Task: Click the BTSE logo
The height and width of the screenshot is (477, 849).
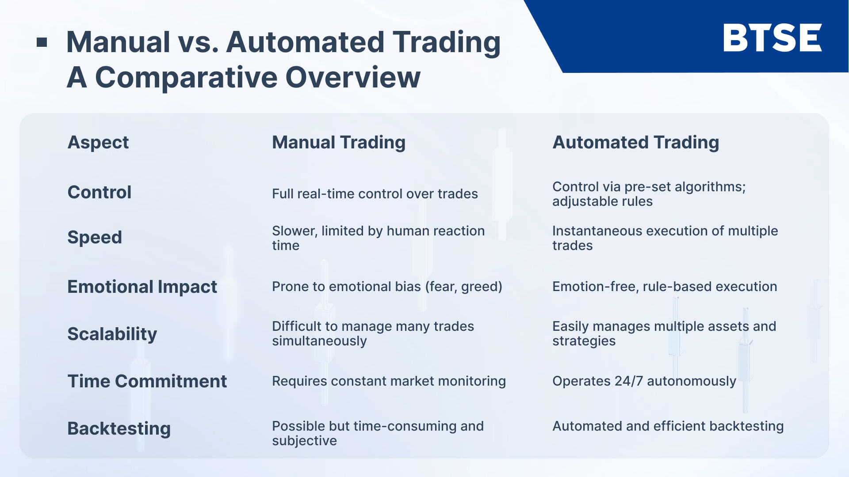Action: click(x=772, y=38)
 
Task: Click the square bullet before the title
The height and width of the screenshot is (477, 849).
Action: click(x=42, y=42)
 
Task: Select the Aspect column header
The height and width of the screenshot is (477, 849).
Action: click(x=98, y=142)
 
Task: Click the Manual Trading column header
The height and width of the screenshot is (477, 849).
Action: click(x=338, y=142)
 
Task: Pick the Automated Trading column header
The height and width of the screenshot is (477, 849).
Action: click(x=635, y=142)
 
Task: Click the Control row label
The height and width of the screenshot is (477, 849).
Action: click(x=99, y=193)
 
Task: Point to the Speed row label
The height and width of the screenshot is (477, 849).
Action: click(x=94, y=238)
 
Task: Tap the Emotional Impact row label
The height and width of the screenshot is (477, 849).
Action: click(x=142, y=287)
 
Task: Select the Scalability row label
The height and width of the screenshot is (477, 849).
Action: click(x=112, y=334)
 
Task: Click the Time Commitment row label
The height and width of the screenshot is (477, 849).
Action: click(x=147, y=381)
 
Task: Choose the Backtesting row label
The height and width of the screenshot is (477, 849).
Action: click(x=119, y=428)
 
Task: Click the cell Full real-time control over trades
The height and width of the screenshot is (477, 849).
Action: click(x=375, y=194)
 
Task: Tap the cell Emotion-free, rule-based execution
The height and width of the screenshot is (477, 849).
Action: click(x=664, y=287)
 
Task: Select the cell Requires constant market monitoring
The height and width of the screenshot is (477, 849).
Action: click(x=388, y=381)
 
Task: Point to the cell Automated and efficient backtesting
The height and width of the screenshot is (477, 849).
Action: click(x=668, y=426)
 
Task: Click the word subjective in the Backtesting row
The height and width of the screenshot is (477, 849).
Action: click(x=304, y=441)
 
